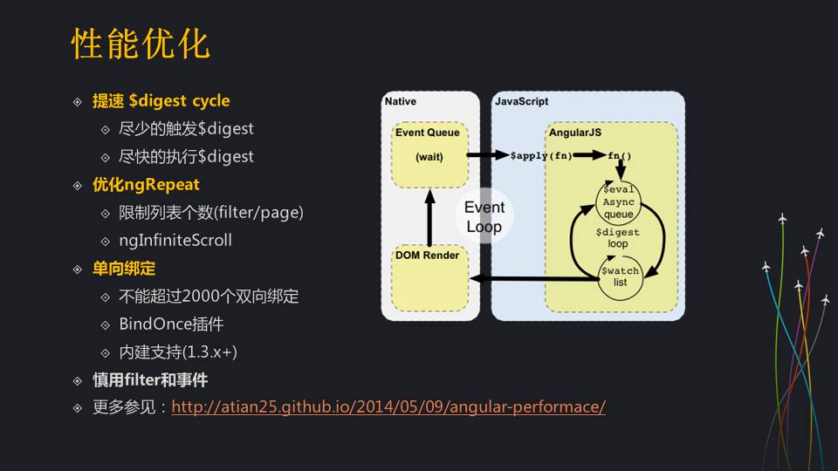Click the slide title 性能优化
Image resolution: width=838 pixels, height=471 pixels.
[141, 44]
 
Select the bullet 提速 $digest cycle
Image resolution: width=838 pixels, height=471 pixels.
[161, 101]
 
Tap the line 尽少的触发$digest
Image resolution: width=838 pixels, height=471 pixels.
[186, 129]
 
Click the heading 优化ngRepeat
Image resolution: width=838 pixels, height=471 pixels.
[146, 185]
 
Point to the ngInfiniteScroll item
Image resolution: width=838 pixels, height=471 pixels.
[175, 240]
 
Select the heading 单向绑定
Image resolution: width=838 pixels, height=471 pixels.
[124, 269]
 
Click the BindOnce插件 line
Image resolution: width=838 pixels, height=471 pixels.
[171, 324]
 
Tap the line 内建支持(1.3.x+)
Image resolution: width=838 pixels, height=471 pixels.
[178, 352]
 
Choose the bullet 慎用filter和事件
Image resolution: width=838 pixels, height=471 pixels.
[150, 380]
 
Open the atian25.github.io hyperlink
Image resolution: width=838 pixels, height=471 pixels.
[388, 407]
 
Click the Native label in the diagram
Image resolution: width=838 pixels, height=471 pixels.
[401, 102]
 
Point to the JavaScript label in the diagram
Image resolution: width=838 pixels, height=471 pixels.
[521, 102]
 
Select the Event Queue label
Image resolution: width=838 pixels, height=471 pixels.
[427, 133]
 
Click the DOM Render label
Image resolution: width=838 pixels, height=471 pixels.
[427, 256]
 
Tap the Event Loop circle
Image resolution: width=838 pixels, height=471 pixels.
[484, 217]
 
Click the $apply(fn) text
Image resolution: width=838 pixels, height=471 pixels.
[541, 156]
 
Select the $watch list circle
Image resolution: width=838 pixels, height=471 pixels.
[620, 276]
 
